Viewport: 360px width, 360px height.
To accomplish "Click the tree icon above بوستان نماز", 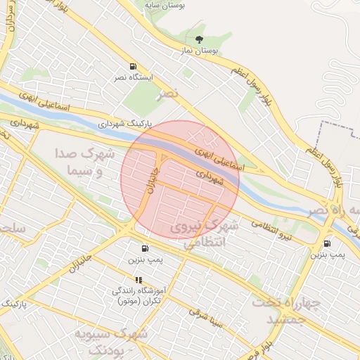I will click(x=199, y=40).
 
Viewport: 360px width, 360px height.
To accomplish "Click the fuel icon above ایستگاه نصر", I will click(x=134, y=66).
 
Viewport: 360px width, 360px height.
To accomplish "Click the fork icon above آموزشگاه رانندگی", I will click(x=138, y=280).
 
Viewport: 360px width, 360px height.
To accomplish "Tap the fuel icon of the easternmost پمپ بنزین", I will click(x=327, y=243).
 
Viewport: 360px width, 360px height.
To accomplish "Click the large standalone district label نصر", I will click(x=169, y=92).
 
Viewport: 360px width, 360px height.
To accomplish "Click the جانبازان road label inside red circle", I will click(x=150, y=180).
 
